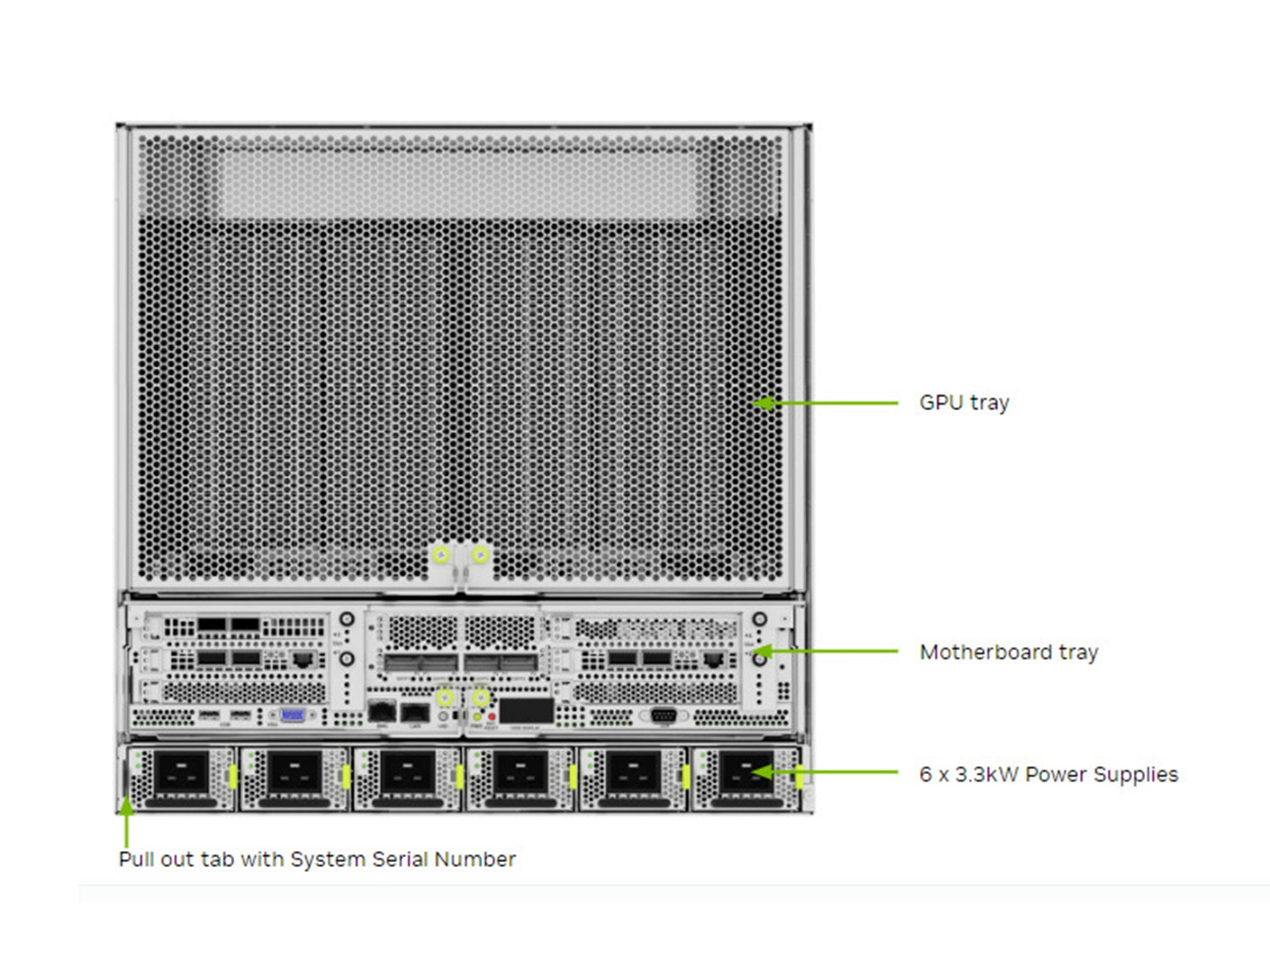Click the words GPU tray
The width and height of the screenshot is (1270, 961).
coord(964,403)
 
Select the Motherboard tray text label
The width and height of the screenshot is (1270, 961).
coord(1008,652)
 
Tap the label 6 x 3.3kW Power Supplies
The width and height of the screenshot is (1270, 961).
coord(1048,774)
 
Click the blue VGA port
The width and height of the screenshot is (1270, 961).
coord(292,715)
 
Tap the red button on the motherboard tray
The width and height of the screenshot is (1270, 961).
coord(492,717)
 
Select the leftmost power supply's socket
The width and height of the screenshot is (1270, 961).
coord(181,772)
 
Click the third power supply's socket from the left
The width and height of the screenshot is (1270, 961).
coord(407,772)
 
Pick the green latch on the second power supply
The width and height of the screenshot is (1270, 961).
coord(345,776)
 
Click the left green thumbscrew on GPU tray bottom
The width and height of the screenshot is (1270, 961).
coord(441,555)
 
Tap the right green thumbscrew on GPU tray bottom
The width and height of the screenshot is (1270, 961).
coord(480,555)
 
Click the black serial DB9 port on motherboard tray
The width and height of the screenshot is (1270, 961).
coord(663,715)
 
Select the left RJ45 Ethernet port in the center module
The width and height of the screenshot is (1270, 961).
coord(383,711)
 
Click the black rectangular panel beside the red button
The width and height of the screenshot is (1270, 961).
coord(526,710)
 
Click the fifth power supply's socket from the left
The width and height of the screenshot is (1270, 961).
coord(634,772)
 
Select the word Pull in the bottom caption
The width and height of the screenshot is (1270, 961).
coord(136,859)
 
